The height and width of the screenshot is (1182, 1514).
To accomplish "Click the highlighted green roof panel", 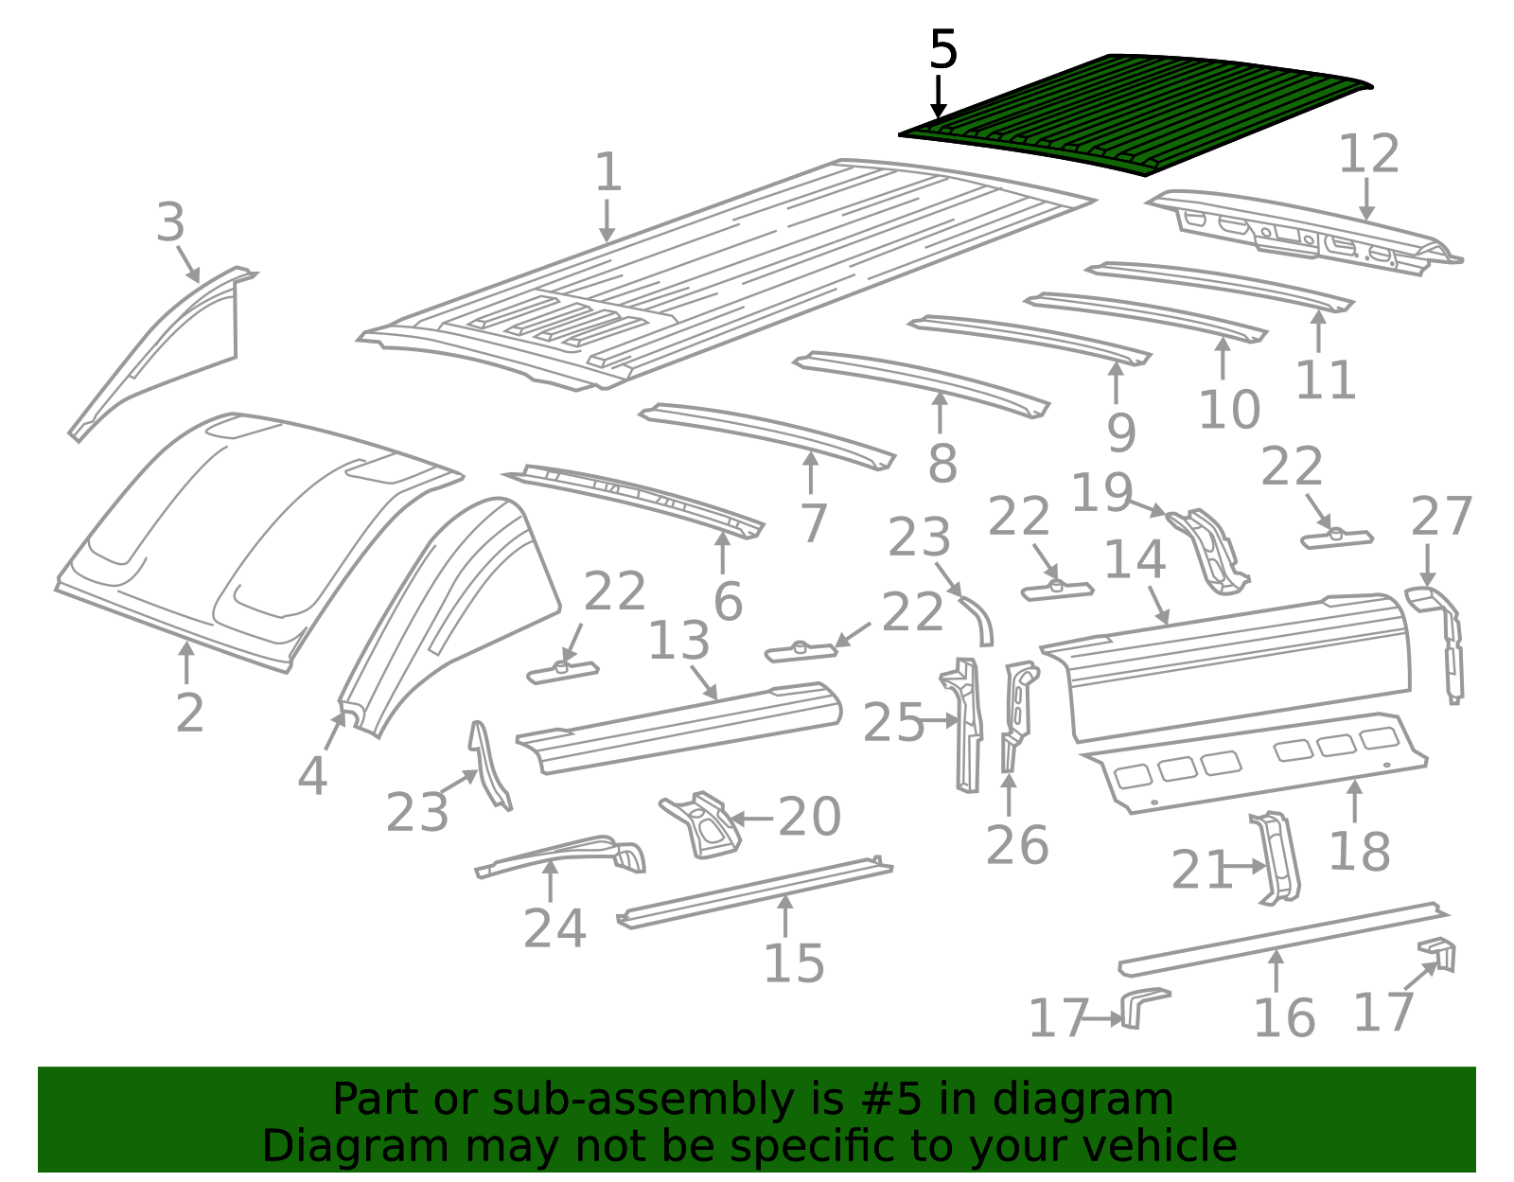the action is (1135, 114).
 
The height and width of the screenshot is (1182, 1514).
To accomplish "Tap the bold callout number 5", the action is (943, 50).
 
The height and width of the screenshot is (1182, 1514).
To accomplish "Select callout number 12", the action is (1368, 154).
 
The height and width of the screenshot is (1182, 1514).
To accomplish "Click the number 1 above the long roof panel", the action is (607, 172).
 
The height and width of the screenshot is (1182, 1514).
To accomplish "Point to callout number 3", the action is (170, 222).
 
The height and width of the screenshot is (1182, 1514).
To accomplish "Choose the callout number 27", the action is (1441, 517).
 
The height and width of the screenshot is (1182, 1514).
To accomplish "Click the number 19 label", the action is (1101, 493).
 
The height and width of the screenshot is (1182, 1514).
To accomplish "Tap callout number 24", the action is (555, 928).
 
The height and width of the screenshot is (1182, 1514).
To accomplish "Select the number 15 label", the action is (794, 964).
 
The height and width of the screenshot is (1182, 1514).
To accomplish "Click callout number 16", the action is (1285, 1018).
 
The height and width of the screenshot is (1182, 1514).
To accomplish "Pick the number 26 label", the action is (1017, 845).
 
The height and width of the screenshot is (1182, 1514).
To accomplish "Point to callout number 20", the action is (809, 817).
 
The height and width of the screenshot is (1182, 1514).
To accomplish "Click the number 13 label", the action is (679, 641).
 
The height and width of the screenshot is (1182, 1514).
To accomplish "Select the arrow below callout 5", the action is (939, 97).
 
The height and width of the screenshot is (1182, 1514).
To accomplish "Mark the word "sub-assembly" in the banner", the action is (643, 1100).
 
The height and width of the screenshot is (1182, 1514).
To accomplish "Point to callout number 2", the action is (189, 714).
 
